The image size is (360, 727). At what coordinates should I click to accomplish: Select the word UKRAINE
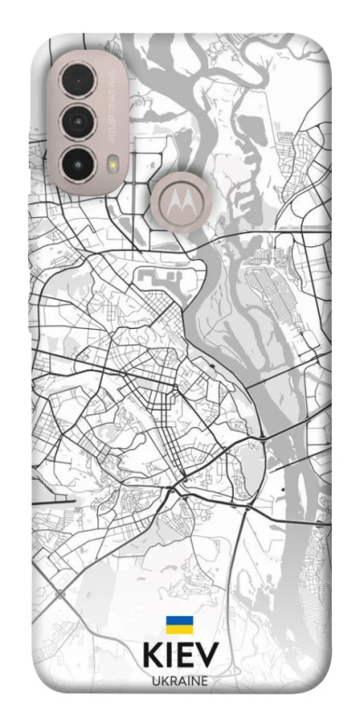click(x=180, y=681)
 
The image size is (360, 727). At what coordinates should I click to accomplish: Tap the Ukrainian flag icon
click(x=179, y=625)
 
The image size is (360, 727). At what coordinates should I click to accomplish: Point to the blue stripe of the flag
click(x=179, y=622)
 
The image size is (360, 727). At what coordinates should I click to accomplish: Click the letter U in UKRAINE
click(x=155, y=681)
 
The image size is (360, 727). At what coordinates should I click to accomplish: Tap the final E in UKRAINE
click(x=205, y=681)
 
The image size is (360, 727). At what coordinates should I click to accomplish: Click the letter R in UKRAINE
click(x=172, y=681)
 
